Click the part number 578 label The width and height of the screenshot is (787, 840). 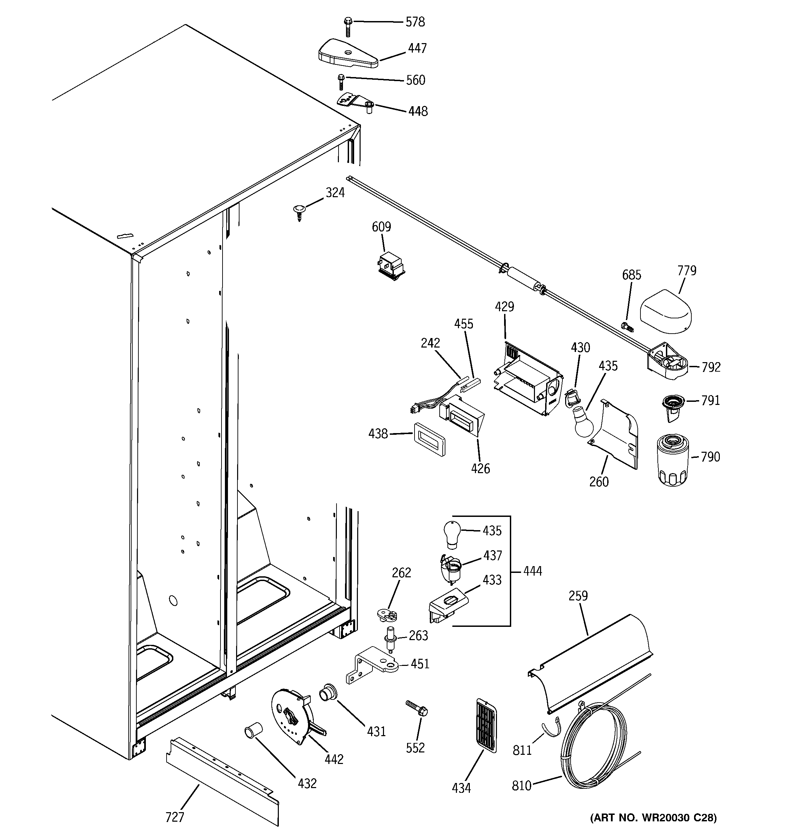pyautogui.click(x=415, y=22)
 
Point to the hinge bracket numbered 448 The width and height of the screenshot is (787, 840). pyautogui.click(x=355, y=103)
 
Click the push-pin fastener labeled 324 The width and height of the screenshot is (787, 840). pyautogui.click(x=299, y=211)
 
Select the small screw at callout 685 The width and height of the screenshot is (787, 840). pyautogui.click(x=627, y=326)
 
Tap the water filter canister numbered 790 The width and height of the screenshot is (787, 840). pyautogui.click(x=673, y=460)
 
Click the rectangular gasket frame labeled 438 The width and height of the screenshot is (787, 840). pyautogui.click(x=429, y=440)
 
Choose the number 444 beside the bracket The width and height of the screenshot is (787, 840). pyautogui.click(x=532, y=571)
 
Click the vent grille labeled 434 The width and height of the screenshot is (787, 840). pyautogui.click(x=486, y=726)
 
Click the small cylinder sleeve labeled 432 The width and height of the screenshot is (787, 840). pyautogui.click(x=253, y=730)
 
